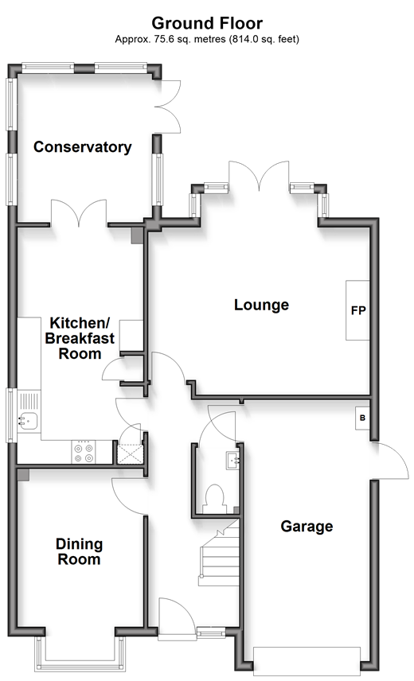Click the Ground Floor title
207,22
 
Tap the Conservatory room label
83,147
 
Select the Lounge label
261,305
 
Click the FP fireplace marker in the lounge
358,310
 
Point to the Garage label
307,526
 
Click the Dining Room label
79,551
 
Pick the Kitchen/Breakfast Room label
80,338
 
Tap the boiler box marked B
363,418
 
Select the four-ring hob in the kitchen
84,452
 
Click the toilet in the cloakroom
214,500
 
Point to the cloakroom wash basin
232,461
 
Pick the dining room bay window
80,655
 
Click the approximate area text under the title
207,39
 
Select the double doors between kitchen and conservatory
79,213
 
